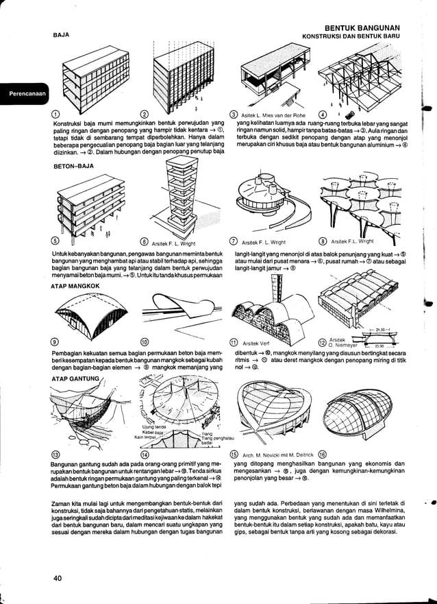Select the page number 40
58,579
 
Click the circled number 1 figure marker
55,114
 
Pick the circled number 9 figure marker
55,342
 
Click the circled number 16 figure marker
323,454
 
